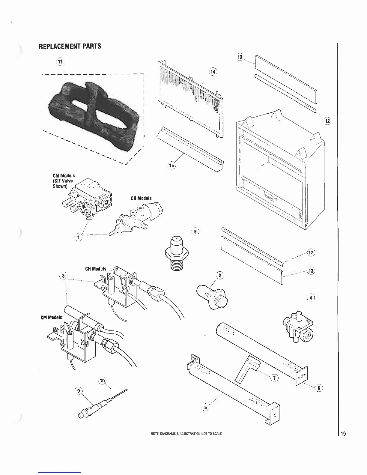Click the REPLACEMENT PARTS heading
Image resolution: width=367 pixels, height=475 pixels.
[x=70, y=46]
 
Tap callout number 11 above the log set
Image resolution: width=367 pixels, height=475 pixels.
[x=60, y=61]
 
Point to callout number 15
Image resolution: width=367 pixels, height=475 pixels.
[x=172, y=165]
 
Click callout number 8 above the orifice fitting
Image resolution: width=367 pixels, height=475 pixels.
[x=195, y=232]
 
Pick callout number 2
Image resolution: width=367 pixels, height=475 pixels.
[x=220, y=275]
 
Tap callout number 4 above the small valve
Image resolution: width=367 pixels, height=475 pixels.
[x=312, y=298]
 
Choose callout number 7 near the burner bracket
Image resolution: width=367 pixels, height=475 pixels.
[x=274, y=378]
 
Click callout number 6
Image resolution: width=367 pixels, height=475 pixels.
[x=319, y=388]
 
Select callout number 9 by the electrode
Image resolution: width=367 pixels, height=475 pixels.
[x=79, y=391]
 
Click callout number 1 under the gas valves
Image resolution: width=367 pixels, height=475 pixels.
[x=78, y=237]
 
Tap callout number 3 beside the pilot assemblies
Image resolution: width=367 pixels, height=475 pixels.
[x=62, y=275]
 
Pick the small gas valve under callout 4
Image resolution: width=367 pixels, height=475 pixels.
[x=298, y=329]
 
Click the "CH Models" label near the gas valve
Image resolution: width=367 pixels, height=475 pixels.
[x=141, y=198]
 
